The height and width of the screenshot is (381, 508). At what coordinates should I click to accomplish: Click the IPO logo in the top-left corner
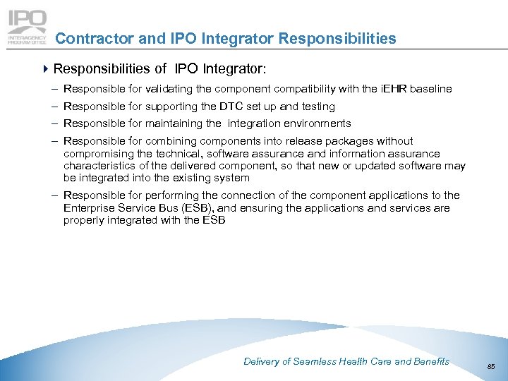[x=27, y=27]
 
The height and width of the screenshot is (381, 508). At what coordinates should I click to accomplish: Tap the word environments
[x=315, y=123]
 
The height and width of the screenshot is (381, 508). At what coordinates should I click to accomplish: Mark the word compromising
[x=95, y=153]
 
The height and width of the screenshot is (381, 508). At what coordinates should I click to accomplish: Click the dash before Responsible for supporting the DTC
[x=55, y=107]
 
